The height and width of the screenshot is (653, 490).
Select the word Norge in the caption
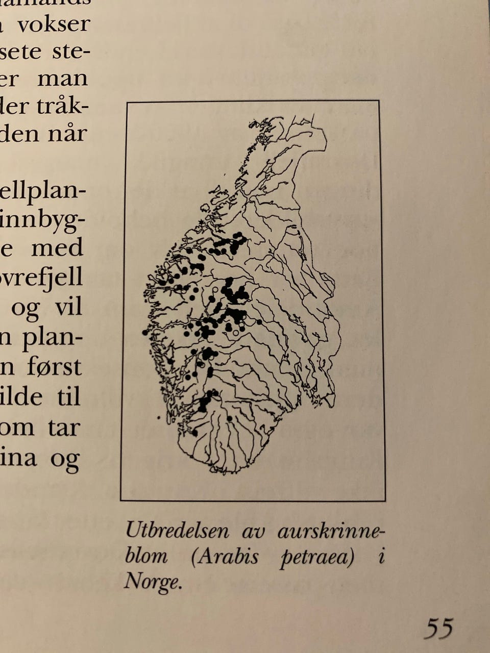(x=153, y=581)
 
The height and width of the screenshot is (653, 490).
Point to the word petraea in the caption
(x=317, y=557)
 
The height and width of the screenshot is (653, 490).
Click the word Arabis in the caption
(x=225, y=556)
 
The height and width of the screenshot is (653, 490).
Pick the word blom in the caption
(x=146, y=556)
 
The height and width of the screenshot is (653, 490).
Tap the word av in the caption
(x=254, y=532)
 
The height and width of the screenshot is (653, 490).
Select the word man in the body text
(x=62, y=79)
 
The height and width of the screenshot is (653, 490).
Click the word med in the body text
(x=57, y=248)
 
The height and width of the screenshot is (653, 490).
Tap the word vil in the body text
(x=68, y=307)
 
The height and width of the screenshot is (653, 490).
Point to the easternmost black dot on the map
(x=259, y=322)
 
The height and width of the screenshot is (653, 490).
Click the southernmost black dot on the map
(x=195, y=433)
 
